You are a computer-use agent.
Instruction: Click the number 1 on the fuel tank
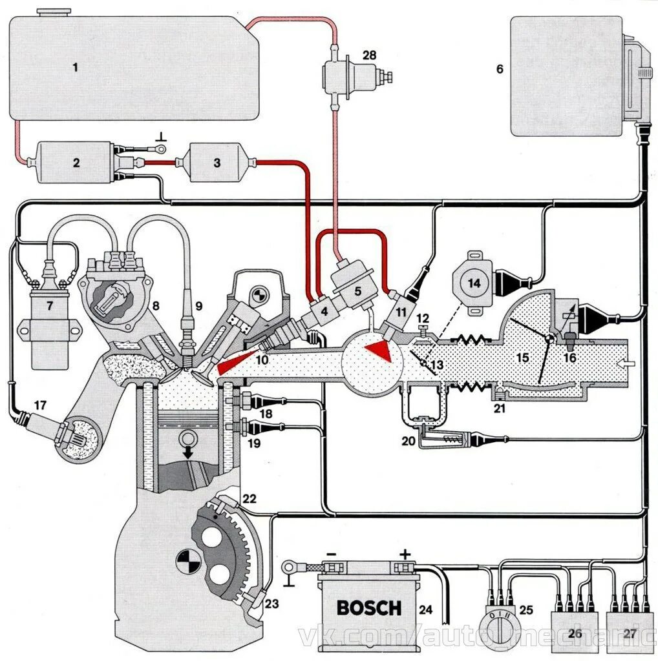pyautogui.click(x=75, y=66)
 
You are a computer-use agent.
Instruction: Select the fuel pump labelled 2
pyautogui.click(x=76, y=163)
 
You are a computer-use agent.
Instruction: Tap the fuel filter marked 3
pyautogui.click(x=217, y=163)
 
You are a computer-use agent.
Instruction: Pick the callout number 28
pyautogui.click(x=369, y=56)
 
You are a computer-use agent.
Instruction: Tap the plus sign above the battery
pyautogui.click(x=405, y=554)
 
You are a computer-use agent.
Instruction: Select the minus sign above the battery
pyautogui.click(x=332, y=554)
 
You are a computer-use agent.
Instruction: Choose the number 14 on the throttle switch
pyautogui.click(x=474, y=283)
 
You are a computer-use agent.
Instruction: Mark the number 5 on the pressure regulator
pyautogui.click(x=357, y=291)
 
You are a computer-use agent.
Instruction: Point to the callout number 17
pyautogui.click(x=40, y=405)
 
